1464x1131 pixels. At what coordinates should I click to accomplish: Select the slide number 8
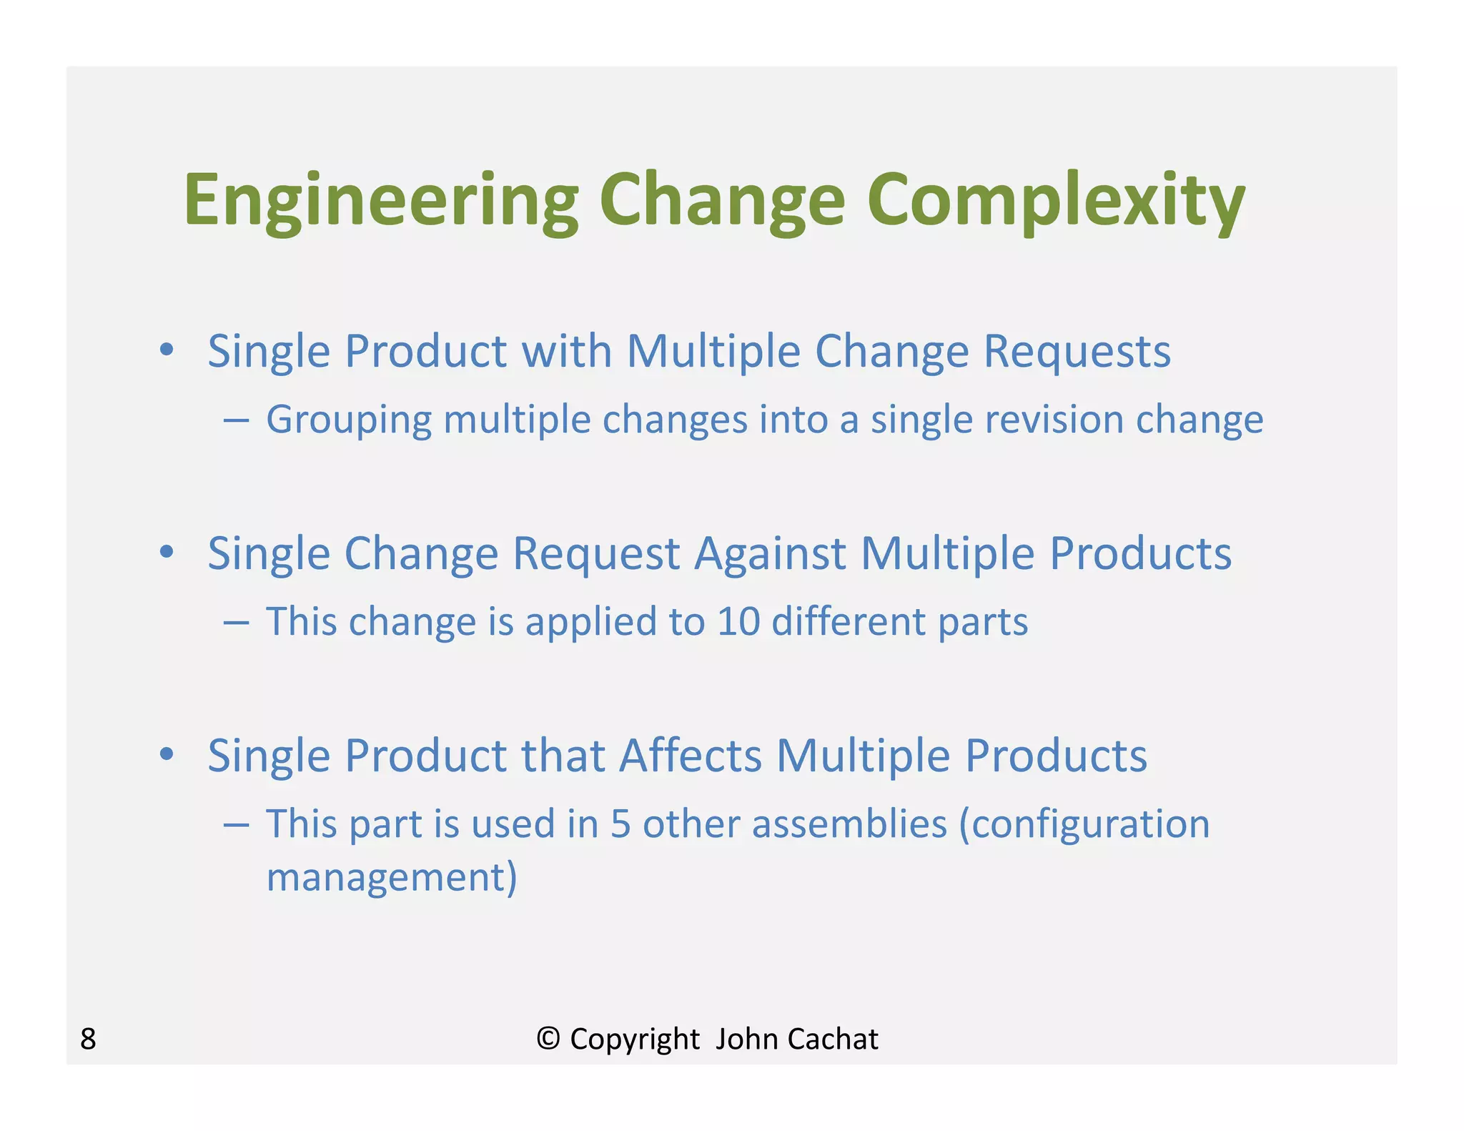[x=88, y=1039]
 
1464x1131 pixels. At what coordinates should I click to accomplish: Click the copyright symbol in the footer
[x=548, y=1038]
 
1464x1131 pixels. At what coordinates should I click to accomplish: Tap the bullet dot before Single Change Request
[x=167, y=552]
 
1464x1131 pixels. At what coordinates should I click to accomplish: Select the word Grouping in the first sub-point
[x=348, y=420]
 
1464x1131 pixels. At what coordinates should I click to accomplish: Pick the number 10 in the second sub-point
[x=738, y=621]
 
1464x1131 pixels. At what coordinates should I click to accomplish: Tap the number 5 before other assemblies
[x=620, y=824]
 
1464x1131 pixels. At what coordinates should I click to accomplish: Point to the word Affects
[x=691, y=756]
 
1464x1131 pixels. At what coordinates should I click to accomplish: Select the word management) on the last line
[x=391, y=878]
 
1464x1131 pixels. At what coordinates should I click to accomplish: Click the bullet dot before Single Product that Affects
[x=167, y=754]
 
